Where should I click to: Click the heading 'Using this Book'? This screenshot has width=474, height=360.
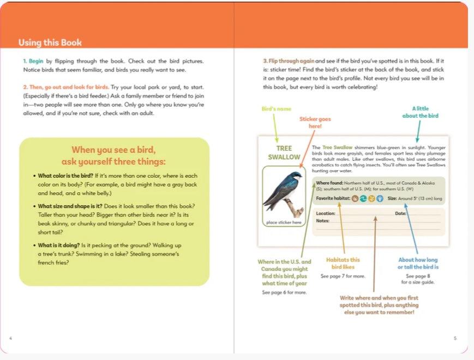pos(50,43)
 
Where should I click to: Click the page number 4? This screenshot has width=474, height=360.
pos(11,338)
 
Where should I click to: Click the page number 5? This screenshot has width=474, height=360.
pos(455,338)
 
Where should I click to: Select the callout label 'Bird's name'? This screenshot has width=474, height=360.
pos(277,109)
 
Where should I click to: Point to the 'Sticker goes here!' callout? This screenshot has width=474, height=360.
pos(315,122)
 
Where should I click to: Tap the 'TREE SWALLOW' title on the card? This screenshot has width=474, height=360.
pos(284,153)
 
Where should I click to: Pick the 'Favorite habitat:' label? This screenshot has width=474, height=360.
pos(333,199)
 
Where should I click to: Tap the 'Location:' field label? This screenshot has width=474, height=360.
pos(326,213)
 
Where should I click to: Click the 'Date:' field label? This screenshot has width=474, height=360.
pos(401,213)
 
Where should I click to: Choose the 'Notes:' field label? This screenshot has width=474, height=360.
pos(323,220)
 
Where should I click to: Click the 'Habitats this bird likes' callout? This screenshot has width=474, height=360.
pos(343,263)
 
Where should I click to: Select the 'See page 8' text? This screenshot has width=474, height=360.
pos(418,276)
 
